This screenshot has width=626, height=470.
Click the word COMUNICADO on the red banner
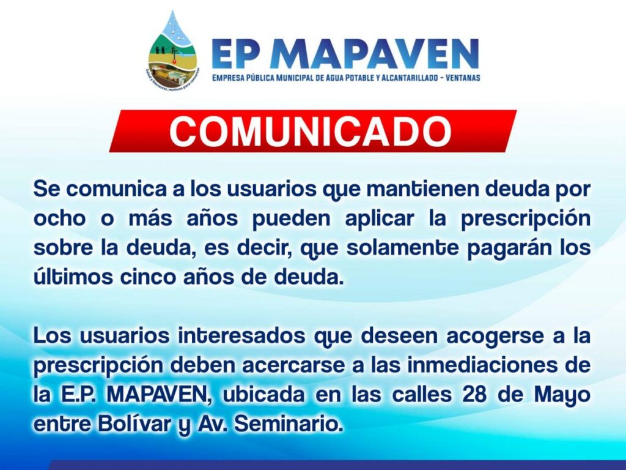point(311,132)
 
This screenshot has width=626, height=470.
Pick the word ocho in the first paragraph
point(60,218)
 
